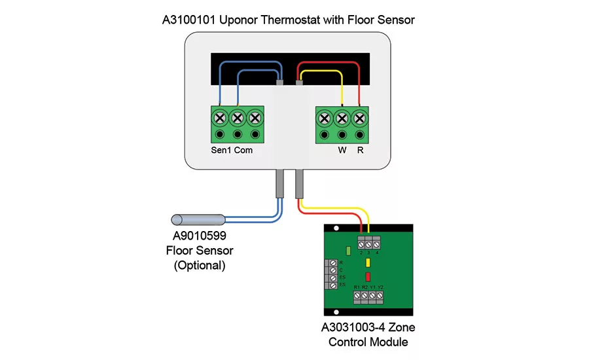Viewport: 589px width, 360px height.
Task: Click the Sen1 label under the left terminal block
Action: (221, 150)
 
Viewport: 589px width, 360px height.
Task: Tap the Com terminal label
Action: (243, 150)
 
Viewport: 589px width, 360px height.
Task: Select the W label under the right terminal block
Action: (342, 150)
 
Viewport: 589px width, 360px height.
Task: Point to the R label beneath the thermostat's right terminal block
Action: (360, 150)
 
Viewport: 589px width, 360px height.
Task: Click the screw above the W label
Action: (342, 118)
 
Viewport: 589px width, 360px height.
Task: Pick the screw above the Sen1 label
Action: (220, 118)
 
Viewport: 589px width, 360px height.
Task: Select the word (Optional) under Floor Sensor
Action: (199, 266)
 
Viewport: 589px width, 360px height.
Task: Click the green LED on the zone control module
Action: (349, 250)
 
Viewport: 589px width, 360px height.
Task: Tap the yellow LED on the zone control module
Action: (368, 263)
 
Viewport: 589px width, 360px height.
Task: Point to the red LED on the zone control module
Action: (368, 276)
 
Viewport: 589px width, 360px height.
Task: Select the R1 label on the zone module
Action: (357, 287)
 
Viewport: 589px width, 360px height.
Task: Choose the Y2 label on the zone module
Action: (380, 287)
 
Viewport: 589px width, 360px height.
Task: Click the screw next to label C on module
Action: (334, 270)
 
